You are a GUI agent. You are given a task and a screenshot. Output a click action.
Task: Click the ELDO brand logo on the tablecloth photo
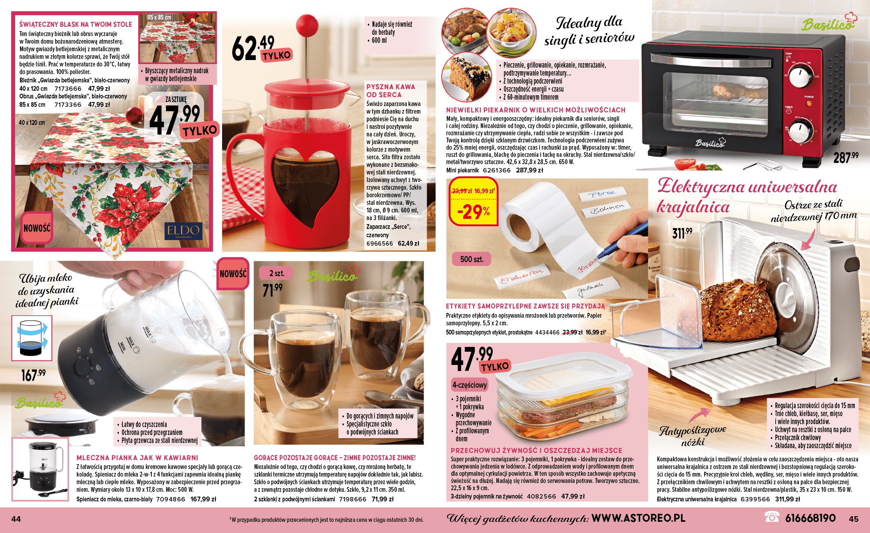click(x=183, y=231)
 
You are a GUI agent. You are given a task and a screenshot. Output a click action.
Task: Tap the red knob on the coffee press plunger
click(x=307, y=25)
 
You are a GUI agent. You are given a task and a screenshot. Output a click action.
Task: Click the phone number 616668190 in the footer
click(x=810, y=518)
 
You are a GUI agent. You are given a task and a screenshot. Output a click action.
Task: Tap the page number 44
click(x=16, y=519)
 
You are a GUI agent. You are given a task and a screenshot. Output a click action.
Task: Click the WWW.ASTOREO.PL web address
click(x=639, y=518)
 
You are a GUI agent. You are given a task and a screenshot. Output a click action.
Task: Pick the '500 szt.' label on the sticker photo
click(x=472, y=259)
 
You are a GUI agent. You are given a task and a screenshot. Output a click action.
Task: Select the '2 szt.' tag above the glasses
click(x=277, y=273)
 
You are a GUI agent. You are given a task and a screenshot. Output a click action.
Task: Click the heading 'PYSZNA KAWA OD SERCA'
click(x=390, y=91)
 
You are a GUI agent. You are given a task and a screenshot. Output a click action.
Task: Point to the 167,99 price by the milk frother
click(x=34, y=375)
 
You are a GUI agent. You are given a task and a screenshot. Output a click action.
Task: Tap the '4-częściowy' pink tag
click(x=470, y=385)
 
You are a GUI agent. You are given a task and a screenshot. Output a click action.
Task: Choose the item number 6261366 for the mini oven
click(x=497, y=170)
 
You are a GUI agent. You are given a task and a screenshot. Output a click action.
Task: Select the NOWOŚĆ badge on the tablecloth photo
click(x=37, y=228)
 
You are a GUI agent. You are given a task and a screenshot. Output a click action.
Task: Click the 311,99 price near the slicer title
click(x=682, y=232)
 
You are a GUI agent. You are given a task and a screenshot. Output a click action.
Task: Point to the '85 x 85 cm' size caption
click(x=159, y=17)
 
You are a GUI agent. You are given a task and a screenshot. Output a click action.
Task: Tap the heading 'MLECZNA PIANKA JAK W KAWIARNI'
click(x=137, y=458)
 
